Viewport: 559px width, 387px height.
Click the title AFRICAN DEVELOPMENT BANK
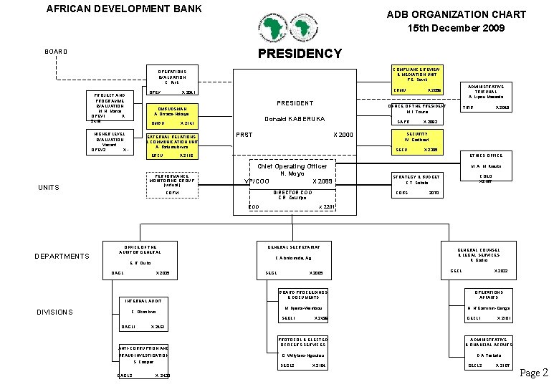(124, 9)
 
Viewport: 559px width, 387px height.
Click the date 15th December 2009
(456, 28)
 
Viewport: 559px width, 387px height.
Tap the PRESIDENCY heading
(300, 54)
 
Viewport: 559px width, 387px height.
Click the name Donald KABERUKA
(295, 119)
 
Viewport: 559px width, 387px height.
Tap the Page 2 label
(533, 373)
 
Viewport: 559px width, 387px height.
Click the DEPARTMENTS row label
(62, 256)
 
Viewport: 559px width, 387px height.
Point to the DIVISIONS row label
(55, 312)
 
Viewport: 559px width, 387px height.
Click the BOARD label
(56, 52)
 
